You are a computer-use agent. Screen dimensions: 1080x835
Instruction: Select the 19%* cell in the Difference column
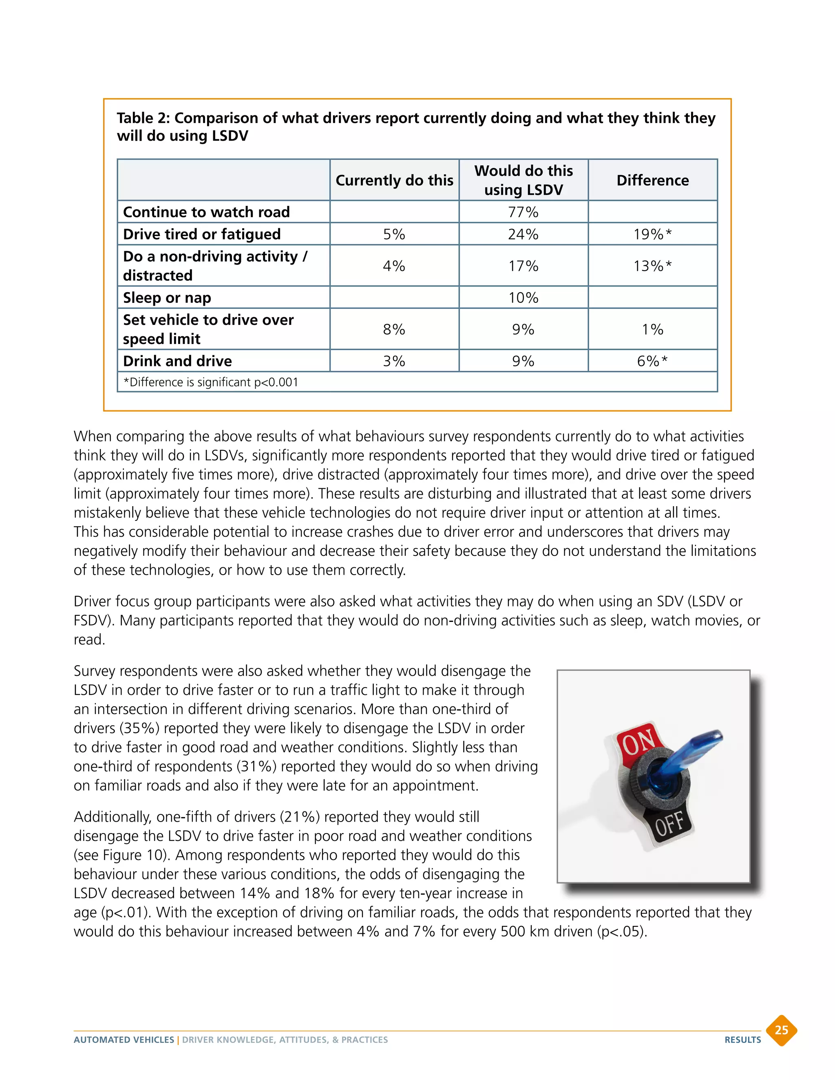tap(652, 234)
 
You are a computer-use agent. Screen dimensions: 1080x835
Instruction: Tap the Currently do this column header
tap(394, 180)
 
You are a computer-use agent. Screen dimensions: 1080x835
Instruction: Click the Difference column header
tap(652, 180)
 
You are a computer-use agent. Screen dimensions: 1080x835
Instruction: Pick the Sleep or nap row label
tap(167, 298)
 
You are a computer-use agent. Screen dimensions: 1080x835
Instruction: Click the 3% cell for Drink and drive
tap(394, 361)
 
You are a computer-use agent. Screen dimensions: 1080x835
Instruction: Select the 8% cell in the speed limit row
tap(394, 329)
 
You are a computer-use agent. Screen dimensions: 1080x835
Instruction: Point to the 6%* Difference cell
tap(652, 361)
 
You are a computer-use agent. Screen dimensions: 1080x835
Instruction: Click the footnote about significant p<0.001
tap(211, 382)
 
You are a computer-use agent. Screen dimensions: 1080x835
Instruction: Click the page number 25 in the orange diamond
tap(781, 1030)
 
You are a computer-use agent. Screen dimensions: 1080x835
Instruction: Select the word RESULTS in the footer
tap(742, 1040)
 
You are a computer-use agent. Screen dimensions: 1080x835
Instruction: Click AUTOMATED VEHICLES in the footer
tap(124, 1040)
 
